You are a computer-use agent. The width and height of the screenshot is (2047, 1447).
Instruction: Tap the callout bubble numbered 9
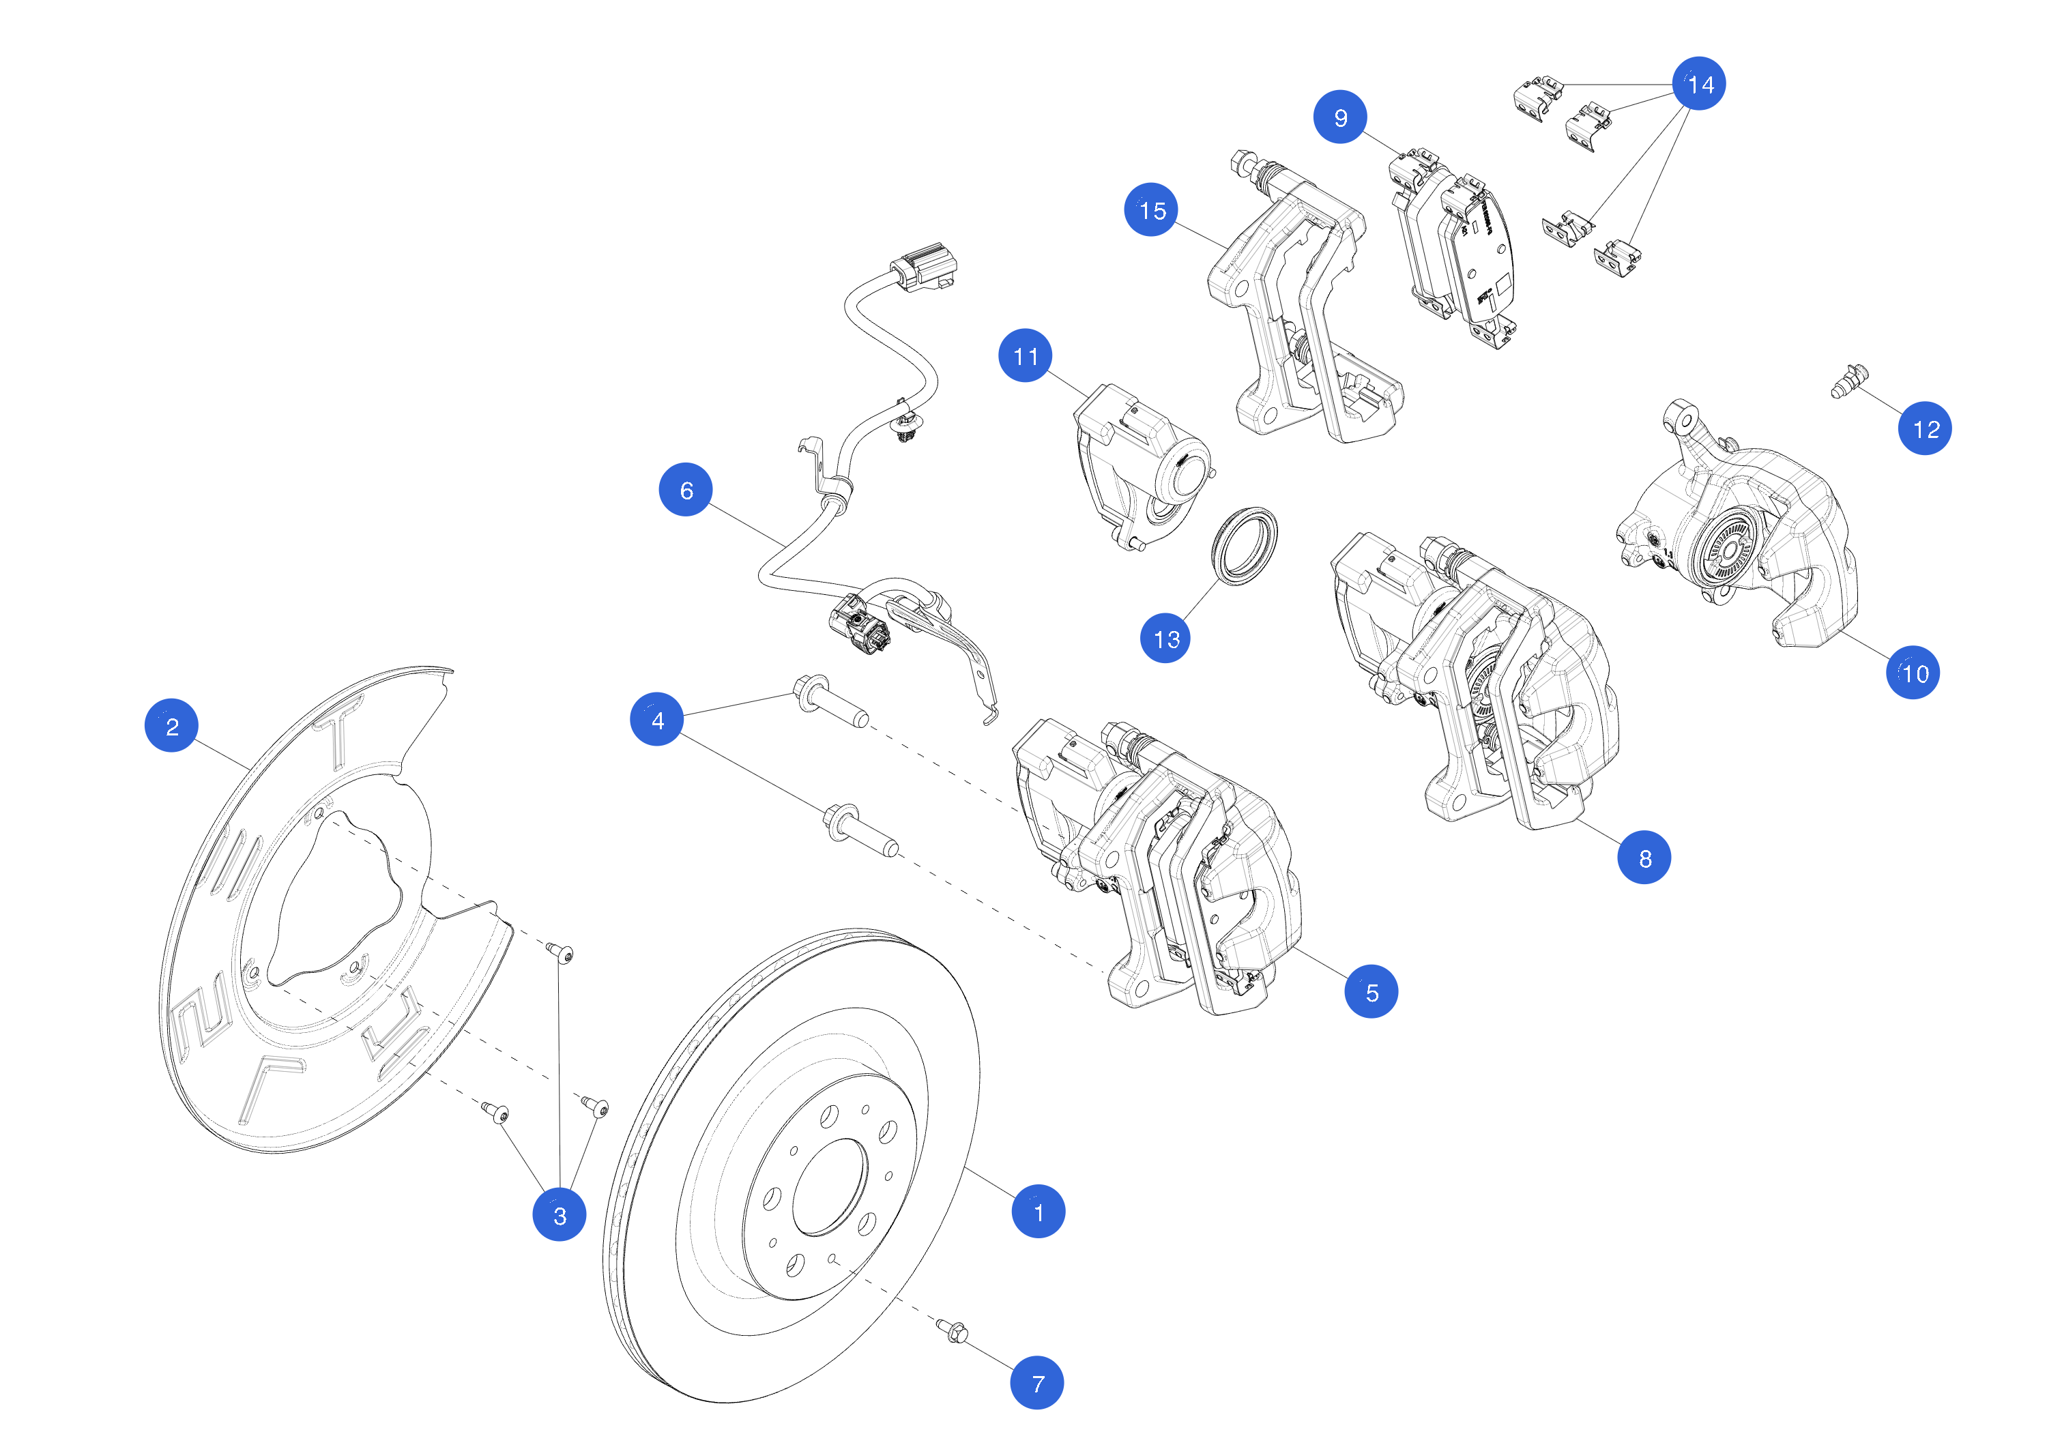point(1339,117)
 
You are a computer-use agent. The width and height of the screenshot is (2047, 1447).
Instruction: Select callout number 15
point(1150,209)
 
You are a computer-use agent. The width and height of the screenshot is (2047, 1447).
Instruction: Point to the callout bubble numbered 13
point(1165,639)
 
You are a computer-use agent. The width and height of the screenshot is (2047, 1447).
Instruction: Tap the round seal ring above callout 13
point(1245,546)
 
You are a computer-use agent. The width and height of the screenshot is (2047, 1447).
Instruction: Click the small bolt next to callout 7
point(952,1330)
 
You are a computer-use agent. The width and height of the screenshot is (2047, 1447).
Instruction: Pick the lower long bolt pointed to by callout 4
point(860,830)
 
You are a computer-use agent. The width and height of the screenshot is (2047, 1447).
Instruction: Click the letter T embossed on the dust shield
point(340,729)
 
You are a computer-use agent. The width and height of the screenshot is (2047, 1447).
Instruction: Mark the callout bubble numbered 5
point(1370,991)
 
